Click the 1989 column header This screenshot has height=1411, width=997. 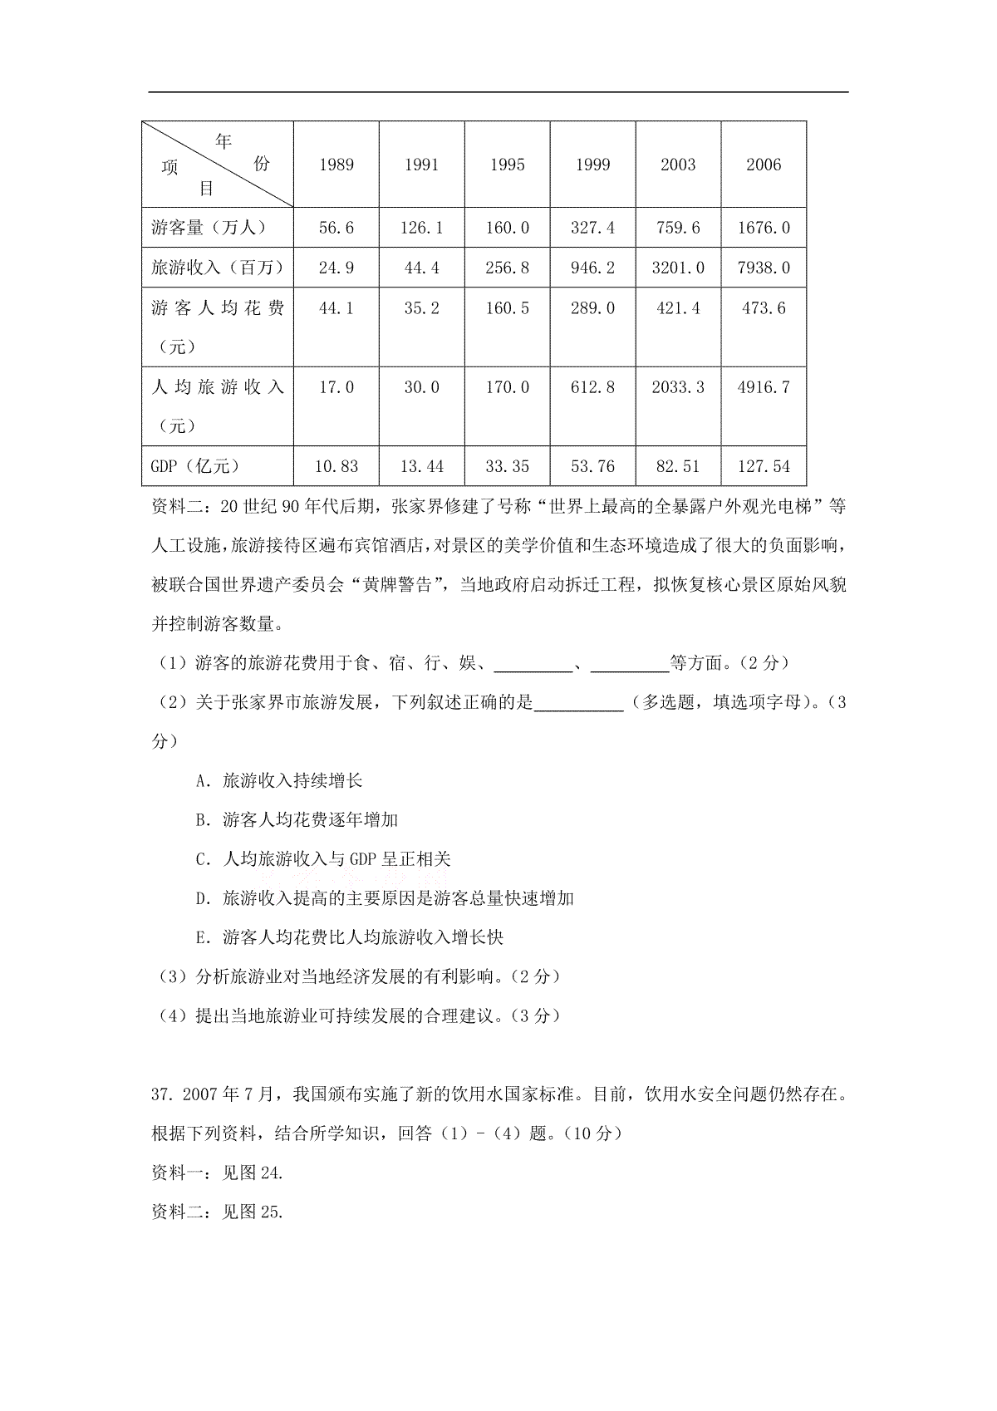(336, 165)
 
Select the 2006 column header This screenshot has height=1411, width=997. (764, 165)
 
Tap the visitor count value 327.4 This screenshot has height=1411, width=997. (592, 228)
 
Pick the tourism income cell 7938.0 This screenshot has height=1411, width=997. (764, 268)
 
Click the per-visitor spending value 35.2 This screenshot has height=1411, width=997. (421, 308)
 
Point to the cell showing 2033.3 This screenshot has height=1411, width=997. (678, 387)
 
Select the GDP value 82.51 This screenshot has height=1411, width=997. (678, 466)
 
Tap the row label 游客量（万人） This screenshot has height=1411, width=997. (209, 228)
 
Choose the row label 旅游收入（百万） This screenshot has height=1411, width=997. (218, 268)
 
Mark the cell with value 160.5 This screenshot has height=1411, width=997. (507, 308)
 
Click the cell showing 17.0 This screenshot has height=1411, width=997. (336, 387)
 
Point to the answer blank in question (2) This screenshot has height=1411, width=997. (579, 703)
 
